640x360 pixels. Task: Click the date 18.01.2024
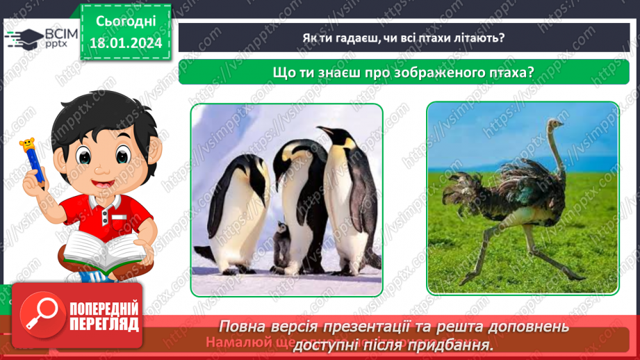pos(125,43)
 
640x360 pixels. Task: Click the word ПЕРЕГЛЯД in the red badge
pos(104,324)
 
